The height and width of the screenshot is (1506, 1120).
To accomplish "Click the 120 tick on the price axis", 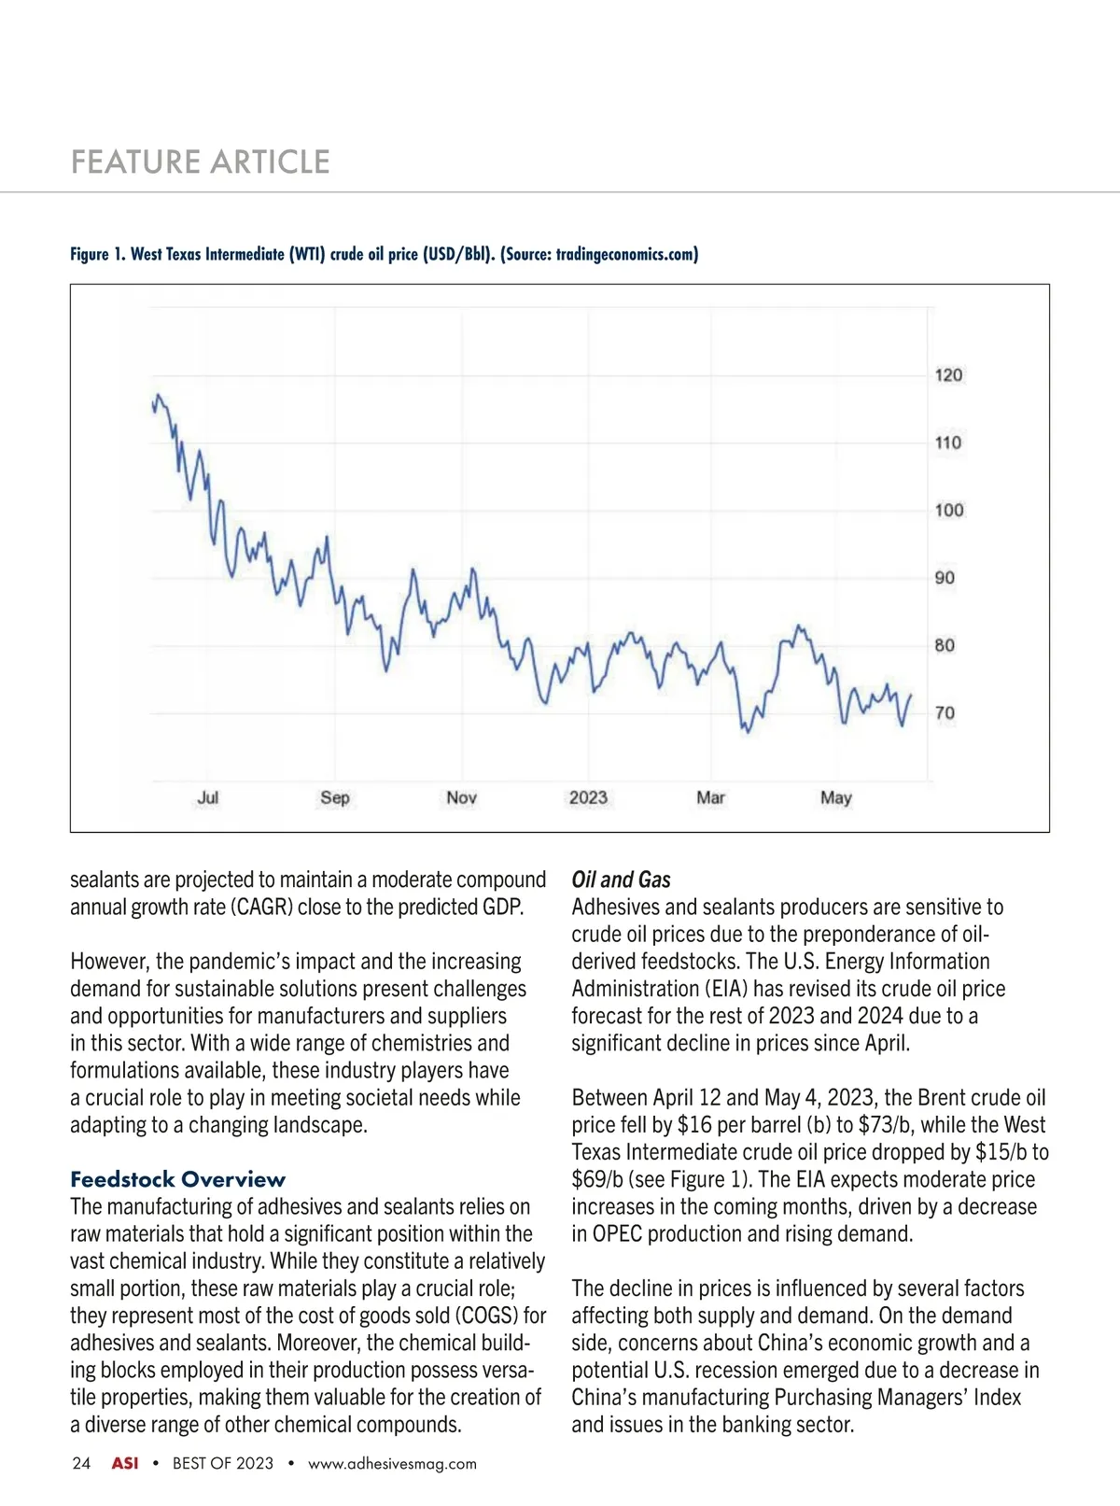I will tap(948, 375).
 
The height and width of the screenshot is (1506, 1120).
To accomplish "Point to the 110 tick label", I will tap(948, 443).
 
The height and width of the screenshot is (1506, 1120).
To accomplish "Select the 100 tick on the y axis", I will tap(948, 510).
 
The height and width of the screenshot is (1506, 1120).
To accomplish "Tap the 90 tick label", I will tap(945, 578).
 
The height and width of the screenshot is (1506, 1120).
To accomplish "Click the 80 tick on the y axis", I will tap(945, 645).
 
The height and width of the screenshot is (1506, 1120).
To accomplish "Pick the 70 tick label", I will tap(945, 713).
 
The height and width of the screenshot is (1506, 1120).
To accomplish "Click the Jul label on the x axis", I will tap(208, 797).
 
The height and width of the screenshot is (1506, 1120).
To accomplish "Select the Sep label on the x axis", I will tap(335, 797).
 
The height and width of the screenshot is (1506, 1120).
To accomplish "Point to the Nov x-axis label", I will tap(461, 797).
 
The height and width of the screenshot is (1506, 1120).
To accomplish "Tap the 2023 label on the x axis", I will tap(588, 797).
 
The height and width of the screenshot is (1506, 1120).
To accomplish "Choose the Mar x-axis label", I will tap(710, 797).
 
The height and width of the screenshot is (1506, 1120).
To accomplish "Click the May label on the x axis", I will tap(836, 797).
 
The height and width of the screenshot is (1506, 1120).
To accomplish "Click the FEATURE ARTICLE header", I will tap(201, 162).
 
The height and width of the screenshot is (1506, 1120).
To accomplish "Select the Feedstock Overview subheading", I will tap(177, 1179).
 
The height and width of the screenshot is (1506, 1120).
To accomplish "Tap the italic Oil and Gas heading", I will tap(621, 880).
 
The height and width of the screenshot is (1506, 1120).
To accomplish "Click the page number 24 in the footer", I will tap(81, 1463).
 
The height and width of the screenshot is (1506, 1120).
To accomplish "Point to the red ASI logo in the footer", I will tap(125, 1463).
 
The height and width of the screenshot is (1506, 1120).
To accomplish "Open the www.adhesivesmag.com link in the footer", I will tap(392, 1464).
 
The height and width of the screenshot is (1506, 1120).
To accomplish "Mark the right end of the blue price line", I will tap(911, 695).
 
